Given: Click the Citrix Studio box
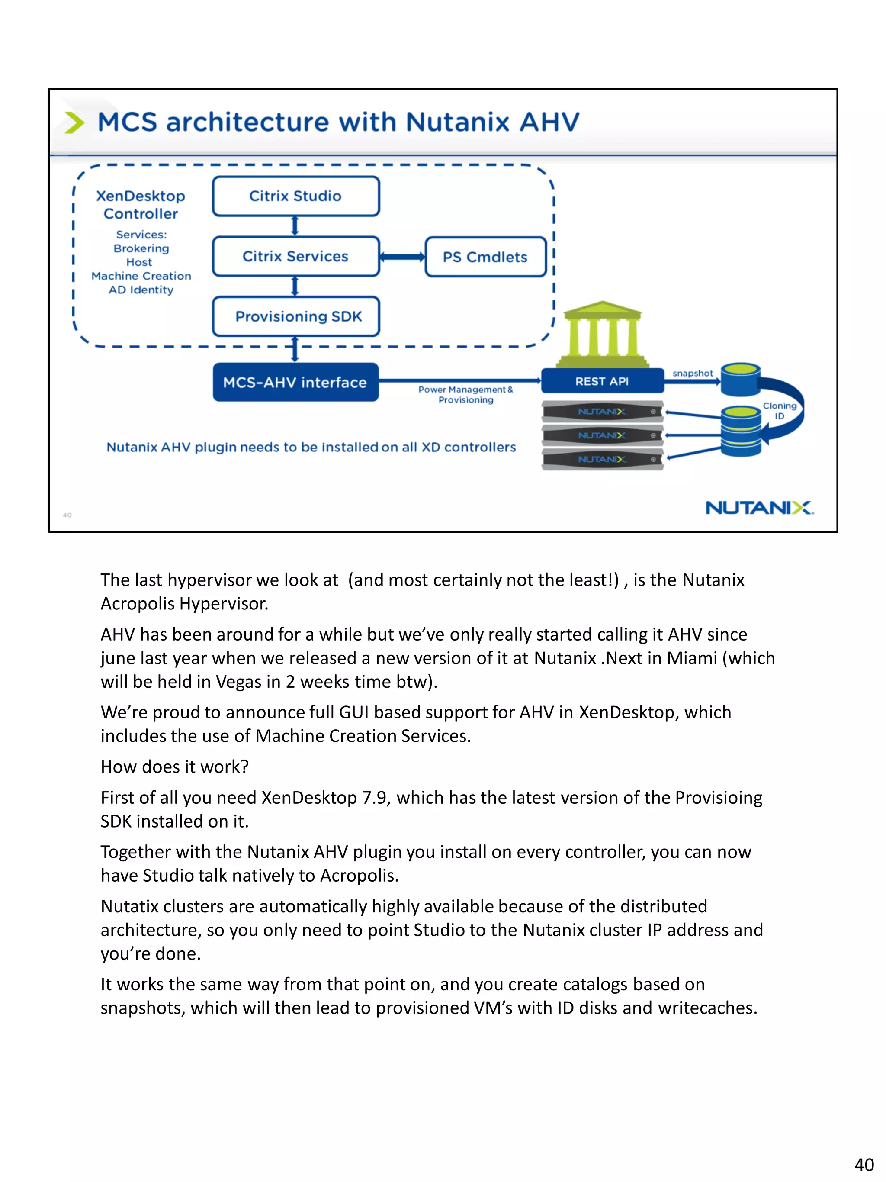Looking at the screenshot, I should tap(295, 196).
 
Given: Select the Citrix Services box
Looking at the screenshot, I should tap(295, 257).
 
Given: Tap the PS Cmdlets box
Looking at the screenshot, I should tap(485, 257).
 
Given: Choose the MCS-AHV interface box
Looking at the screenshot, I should tap(295, 382).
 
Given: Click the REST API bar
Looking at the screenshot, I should tap(602, 381).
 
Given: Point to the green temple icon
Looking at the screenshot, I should tap(602, 334).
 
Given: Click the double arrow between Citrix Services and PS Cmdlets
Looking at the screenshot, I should tap(402, 257).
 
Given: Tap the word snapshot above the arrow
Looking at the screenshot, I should tap(692, 373).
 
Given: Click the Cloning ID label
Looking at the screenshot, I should tap(779, 410).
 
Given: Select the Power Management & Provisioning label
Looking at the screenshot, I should tap(465, 394).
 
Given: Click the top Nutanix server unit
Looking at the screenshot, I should tap(602, 412).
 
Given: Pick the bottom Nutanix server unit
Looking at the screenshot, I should tap(602, 459).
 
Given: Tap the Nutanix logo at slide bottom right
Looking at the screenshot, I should tap(759, 507).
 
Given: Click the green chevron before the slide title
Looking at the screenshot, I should tap(74, 122).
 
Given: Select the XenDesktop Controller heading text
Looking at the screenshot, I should tap(141, 205).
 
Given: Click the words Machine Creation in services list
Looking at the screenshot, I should tap(141, 276).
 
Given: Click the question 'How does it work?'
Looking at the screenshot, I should tap(175, 766).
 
